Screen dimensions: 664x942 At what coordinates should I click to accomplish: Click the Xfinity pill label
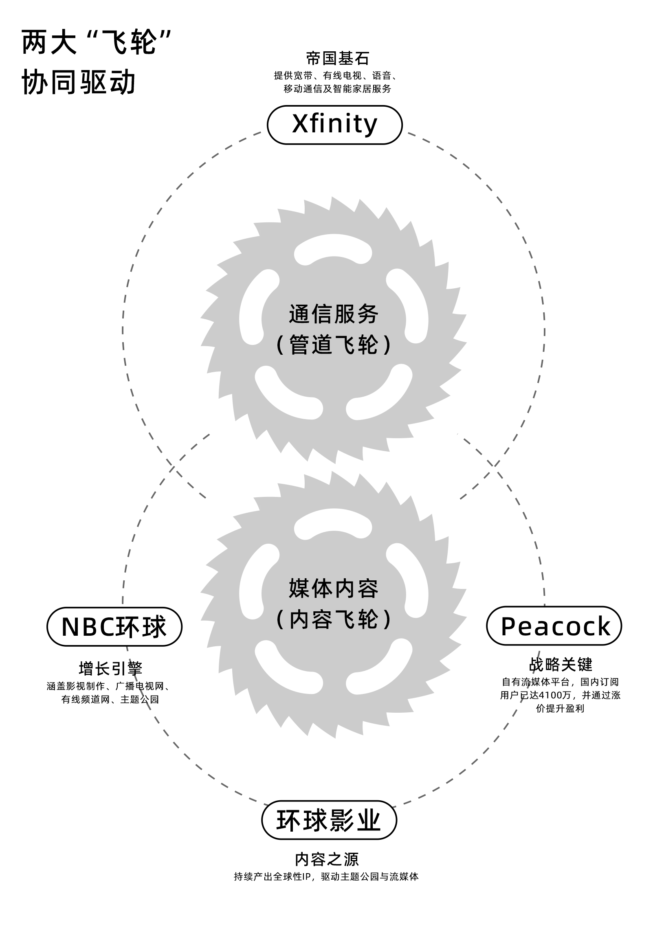click(334, 125)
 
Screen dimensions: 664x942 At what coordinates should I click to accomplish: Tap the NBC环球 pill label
click(114, 626)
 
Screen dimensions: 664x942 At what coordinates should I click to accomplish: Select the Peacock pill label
click(554, 626)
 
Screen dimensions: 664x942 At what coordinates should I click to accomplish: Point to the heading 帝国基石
click(337, 59)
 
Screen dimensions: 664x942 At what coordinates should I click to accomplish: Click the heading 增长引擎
click(110, 669)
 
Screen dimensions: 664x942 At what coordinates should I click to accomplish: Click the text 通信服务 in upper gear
click(334, 314)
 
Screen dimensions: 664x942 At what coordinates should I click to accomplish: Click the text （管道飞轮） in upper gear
click(334, 344)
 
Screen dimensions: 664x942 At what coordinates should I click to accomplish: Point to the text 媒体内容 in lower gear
click(334, 588)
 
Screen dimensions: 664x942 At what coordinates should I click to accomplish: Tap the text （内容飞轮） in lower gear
click(334, 619)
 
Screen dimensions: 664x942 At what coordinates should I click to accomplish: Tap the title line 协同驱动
click(78, 82)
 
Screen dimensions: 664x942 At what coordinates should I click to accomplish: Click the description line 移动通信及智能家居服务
click(337, 89)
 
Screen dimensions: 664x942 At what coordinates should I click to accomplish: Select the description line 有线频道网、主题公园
click(110, 700)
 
